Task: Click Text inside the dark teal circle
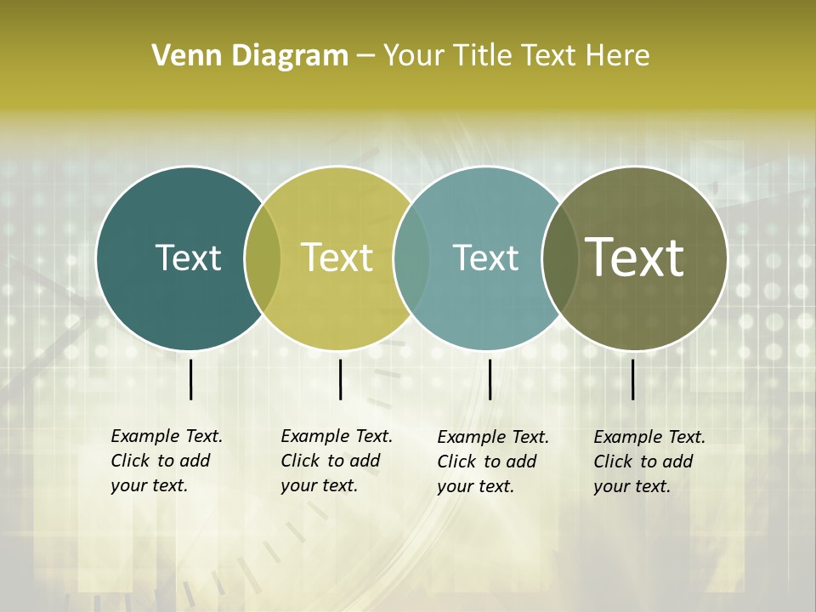click(188, 258)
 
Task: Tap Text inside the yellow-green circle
click(337, 258)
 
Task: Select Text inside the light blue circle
click(485, 258)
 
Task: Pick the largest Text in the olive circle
click(635, 258)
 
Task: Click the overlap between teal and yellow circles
click(263, 258)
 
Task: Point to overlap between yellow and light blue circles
click(411, 258)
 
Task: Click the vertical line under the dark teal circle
click(191, 379)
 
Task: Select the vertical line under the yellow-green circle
click(340, 379)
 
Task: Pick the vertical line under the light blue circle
click(490, 379)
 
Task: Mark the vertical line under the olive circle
click(633, 379)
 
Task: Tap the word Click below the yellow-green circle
click(300, 461)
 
